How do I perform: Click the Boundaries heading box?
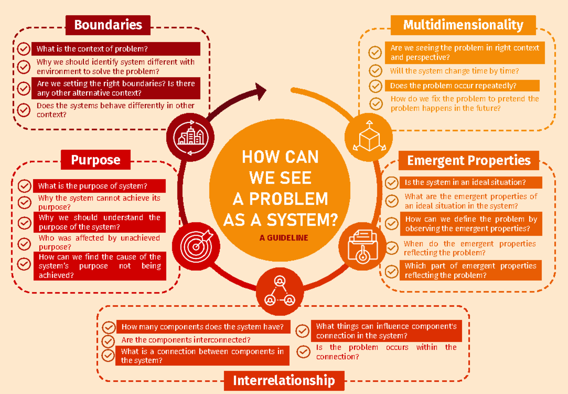click(108, 25)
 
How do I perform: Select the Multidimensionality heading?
click(463, 25)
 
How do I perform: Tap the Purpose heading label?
click(96, 159)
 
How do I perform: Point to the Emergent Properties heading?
click(469, 160)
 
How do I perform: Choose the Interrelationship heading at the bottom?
click(284, 381)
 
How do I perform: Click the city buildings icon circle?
click(190, 137)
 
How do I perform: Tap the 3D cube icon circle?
click(369, 137)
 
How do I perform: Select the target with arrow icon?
click(196, 246)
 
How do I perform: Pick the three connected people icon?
click(280, 292)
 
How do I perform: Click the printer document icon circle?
click(363, 246)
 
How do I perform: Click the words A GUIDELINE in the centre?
click(284, 238)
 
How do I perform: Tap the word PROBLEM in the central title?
click(289, 199)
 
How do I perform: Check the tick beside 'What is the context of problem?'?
click(24, 48)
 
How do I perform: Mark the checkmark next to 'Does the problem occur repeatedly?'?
click(375, 86)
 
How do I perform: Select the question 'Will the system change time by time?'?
click(454, 71)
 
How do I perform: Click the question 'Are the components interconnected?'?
click(186, 340)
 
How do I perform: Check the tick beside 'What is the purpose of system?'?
click(24, 186)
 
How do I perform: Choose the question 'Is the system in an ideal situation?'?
click(465, 183)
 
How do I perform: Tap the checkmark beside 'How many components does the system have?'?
click(109, 327)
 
